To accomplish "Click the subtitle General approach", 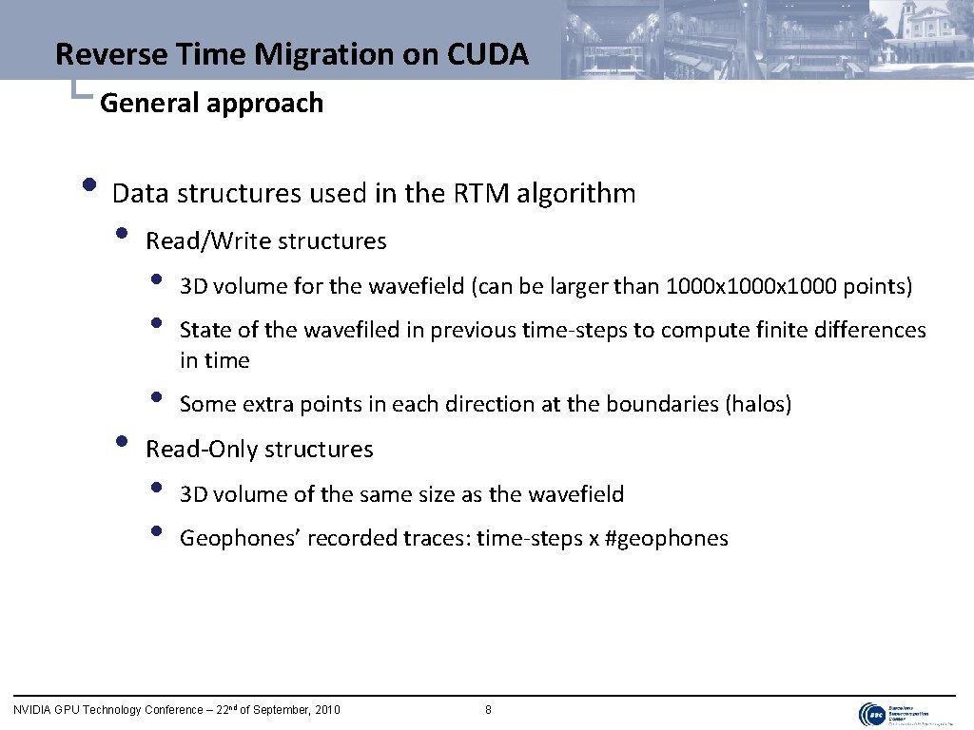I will pos(211,103).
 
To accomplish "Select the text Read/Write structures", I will pos(265,241).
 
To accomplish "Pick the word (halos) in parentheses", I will pos(758,404).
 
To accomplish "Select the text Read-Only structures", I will pos(259,449).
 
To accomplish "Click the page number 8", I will pos(488,709).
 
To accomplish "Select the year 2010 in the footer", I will pos(327,709).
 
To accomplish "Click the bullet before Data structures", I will pos(88,184).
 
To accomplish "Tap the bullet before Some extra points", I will pos(156,396).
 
